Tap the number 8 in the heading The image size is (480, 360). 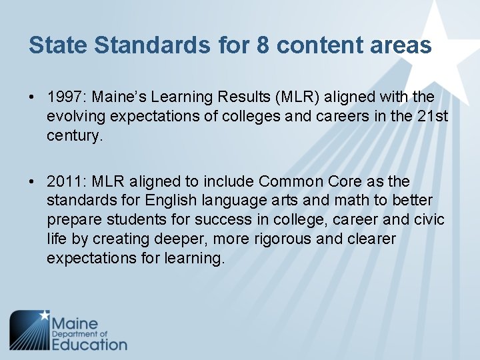263,45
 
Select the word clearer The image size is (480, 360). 372,239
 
